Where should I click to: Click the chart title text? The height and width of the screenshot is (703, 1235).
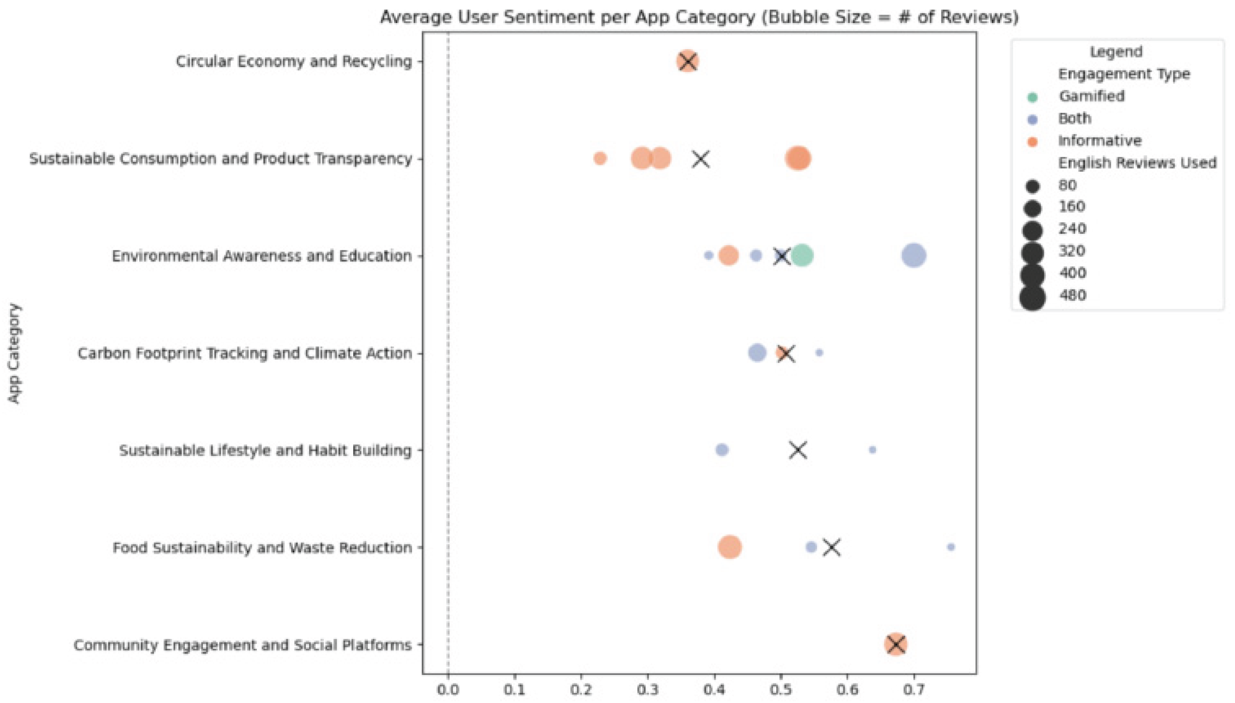699,17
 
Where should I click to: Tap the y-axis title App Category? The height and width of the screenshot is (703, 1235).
15,353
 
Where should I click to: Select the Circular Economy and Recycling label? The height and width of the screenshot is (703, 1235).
293,62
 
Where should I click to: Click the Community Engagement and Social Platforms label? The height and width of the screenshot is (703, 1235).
242,645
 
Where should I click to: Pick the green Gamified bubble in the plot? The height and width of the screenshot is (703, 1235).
802,255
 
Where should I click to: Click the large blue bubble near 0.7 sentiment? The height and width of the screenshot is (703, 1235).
914,255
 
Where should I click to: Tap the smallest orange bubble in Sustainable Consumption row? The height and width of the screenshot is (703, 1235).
600,158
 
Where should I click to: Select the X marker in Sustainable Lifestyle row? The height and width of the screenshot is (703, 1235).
798,450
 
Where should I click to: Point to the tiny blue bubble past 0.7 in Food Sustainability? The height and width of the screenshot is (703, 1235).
951,547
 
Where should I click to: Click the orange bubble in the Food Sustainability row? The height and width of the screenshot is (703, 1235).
730,547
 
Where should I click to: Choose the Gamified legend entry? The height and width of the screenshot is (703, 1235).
1091,96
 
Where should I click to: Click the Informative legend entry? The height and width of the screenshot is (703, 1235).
1100,141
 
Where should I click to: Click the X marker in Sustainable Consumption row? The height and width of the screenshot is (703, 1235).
701,159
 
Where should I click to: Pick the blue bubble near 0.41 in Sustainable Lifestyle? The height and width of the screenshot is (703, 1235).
722,450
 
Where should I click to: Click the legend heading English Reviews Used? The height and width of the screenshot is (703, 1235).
1137,163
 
